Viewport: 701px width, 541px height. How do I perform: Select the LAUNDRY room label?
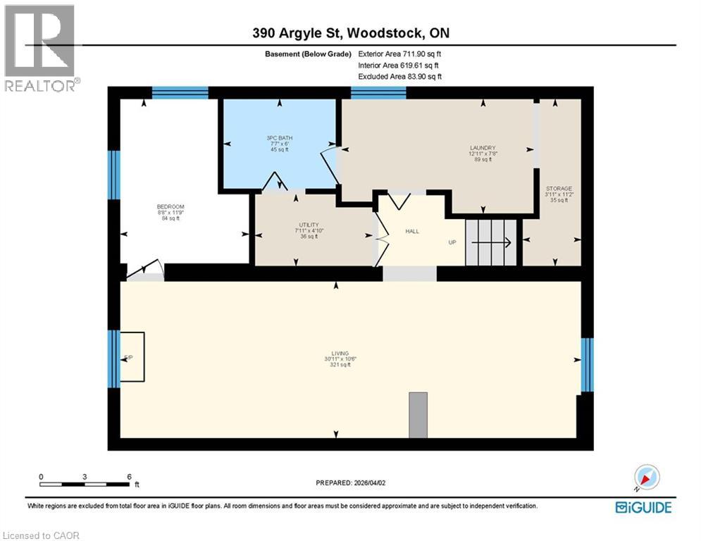tap(483, 148)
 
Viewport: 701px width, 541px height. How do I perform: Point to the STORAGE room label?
tap(559, 189)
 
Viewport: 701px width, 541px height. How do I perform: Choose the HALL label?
tap(413, 230)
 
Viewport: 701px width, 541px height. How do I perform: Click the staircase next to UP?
tap(492, 242)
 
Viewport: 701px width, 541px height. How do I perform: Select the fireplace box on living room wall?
tap(132, 357)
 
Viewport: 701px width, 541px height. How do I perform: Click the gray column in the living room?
tap(418, 415)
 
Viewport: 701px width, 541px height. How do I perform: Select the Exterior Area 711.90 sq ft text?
tap(400, 54)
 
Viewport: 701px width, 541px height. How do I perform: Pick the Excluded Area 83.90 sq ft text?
tap(400, 76)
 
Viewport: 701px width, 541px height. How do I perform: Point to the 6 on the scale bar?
tap(129, 477)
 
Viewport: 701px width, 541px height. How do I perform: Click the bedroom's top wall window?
tap(180, 92)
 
